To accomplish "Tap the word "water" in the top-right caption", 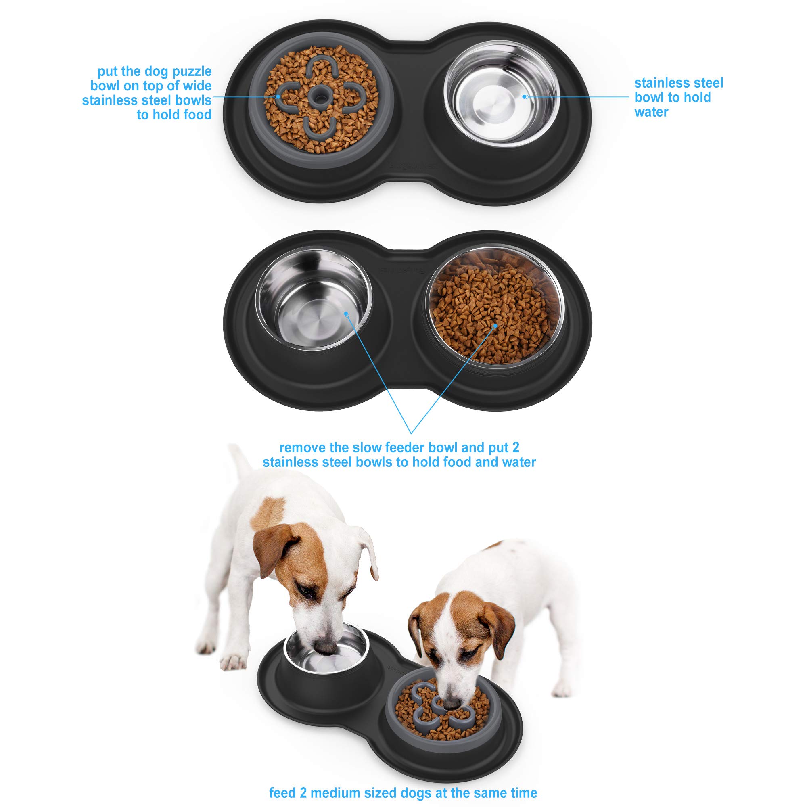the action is [651, 112].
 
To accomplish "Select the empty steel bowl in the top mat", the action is [501, 93].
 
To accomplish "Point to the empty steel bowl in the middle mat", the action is [313, 299].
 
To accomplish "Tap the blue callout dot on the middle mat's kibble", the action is [495, 325].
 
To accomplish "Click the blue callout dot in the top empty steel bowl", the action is [525, 96].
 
